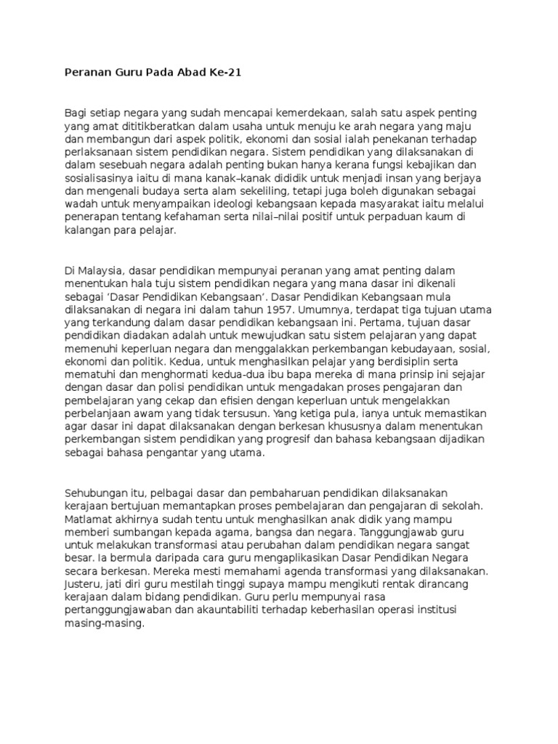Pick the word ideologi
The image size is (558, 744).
pyautogui.click(x=272, y=206)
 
